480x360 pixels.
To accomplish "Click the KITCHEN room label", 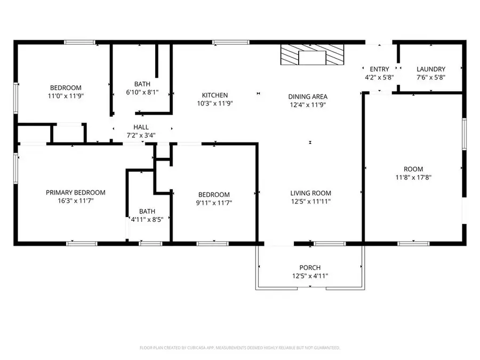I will point(215,95).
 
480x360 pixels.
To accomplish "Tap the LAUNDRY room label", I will point(431,69).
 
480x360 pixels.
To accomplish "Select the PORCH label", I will point(310,267).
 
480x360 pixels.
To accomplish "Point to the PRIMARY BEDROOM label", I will point(75,193).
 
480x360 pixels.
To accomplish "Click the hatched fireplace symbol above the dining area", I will point(313,54).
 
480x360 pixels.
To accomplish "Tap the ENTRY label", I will point(379,69).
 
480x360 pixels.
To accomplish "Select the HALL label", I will point(141,127).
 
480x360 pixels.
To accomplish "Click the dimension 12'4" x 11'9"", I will point(308,105).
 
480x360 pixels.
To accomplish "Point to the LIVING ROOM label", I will point(310,193).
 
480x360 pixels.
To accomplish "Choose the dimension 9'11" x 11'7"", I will point(214,203).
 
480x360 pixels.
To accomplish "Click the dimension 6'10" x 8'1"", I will point(142,92).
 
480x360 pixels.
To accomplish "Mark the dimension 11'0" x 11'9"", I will point(66,96).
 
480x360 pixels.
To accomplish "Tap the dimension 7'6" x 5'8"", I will point(431,77).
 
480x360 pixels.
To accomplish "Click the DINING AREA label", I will point(308,97).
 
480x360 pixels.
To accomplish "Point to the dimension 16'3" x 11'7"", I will point(75,201).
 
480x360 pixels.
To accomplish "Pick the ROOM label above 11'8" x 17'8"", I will point(413,169).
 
